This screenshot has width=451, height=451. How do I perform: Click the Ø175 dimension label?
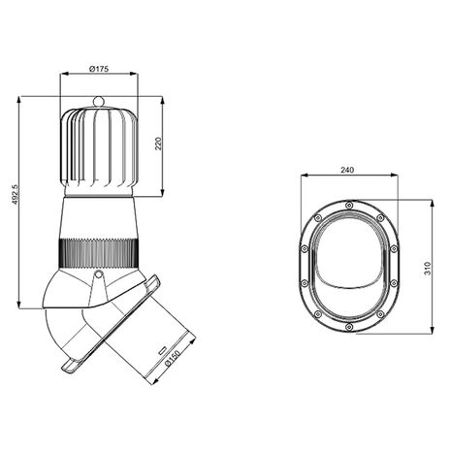pos(99,69)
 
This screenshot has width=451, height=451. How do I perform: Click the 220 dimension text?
pos(158,144)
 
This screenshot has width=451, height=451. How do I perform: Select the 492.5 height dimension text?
pos(15,195)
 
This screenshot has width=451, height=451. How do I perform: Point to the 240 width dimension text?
pos(347,170)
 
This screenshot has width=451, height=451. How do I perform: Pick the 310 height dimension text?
pos(428,269)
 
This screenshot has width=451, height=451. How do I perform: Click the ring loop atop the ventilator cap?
pos(99,101)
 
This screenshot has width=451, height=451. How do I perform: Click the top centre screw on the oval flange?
pos(349,205)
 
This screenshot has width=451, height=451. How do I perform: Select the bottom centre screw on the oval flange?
pos(349,327)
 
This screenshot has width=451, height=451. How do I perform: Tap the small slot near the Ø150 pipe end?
pos(162,349)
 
